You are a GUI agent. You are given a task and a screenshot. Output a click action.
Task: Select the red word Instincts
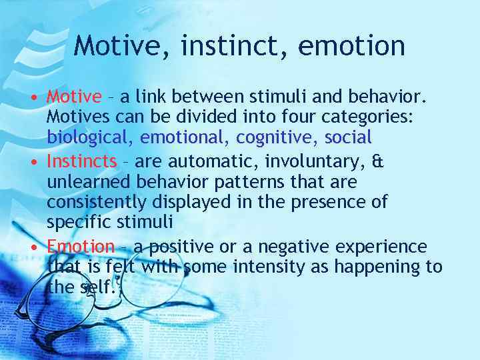(x=81, y=162)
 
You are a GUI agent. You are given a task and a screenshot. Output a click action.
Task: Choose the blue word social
(x=348, y=138)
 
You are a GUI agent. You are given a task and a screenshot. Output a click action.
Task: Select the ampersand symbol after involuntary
(x=378, y=162)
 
